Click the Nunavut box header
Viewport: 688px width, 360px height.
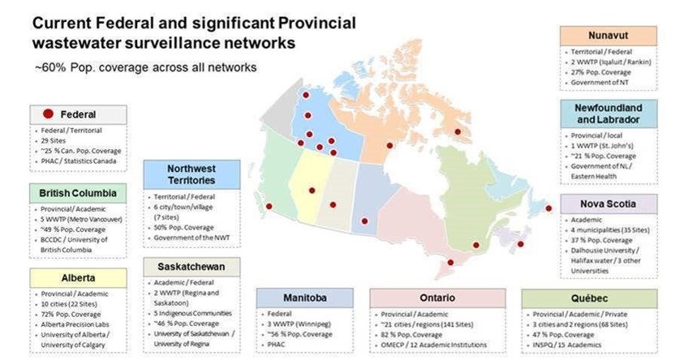tap(607, 36)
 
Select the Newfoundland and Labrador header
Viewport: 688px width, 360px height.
tap(607, 114)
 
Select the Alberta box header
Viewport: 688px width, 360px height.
tap(78, 278)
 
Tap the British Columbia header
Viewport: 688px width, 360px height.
tap(78, 194)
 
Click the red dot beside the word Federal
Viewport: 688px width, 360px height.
tap(49, 114)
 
